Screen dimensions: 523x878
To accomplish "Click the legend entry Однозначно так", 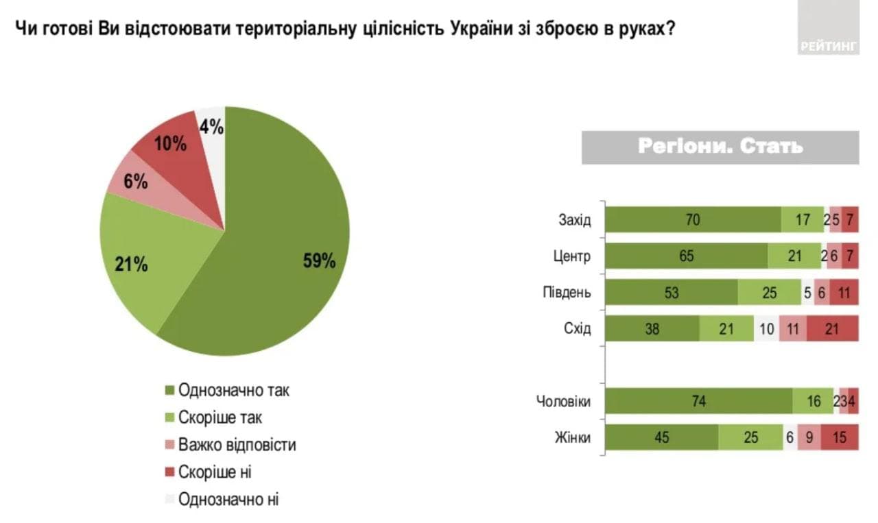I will pyautogui.click(x=233, y=390).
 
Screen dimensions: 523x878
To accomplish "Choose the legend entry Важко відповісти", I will pyautogui.click(x=237, y=445).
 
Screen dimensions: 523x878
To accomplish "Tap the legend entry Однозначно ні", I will pyautogui.click(x=228, y=500).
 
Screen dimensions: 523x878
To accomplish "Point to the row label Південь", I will pyautogui.click(x=567, y=293).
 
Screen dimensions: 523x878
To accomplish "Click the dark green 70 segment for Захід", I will pyautogui.click(x=693, y=219).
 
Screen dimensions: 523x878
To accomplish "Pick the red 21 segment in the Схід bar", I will pyautogui.click(x=832, y=329).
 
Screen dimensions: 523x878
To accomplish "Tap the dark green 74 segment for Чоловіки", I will pyautogui.click(x=698, y=401).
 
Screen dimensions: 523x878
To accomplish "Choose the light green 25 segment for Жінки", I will pyautogui.click(x=750, y=437).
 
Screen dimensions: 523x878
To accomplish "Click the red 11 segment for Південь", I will pyautogui.click(x=844, y=293).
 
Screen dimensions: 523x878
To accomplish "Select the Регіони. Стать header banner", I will pyautogui.click(x=720, y=147).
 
